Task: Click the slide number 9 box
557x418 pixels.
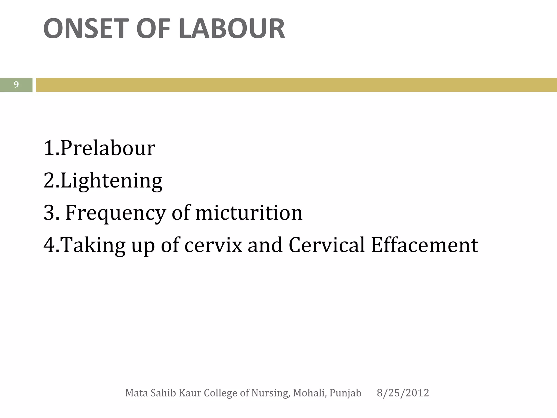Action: click(x=16, y=85)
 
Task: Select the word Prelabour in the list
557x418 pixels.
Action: click(x=108, y=148)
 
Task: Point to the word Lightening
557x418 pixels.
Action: click(x=112, y=180)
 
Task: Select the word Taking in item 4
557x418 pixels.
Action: click(x=92, y=245)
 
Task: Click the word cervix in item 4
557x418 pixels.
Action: click(x=213, y=245)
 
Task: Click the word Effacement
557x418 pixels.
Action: click(x=425, y=245)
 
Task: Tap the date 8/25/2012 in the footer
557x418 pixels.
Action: click(x=403, y=393)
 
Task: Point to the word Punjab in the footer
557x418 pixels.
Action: click(x=345, y=393)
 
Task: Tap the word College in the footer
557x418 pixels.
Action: click(x=221, y=393)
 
